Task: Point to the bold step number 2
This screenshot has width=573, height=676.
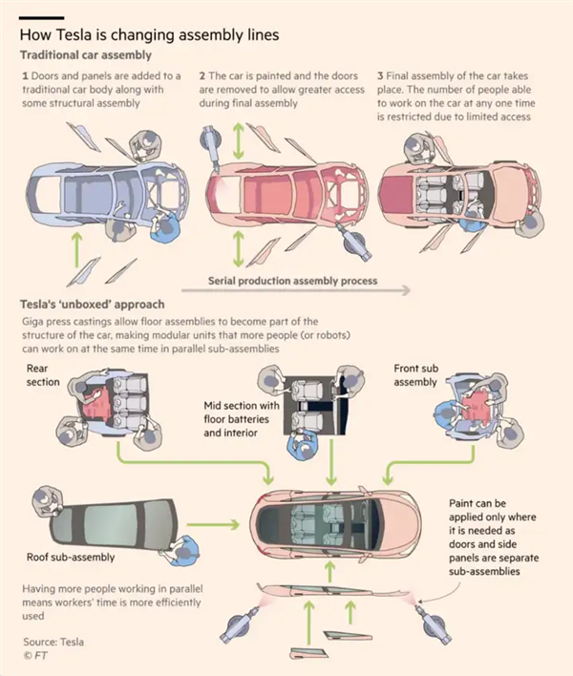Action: tap(202, 74)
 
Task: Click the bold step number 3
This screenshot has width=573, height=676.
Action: tap(380, 74)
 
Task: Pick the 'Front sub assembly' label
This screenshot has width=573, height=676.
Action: tap(415, 375)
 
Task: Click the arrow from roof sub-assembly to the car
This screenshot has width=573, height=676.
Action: tap(215, 524)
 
